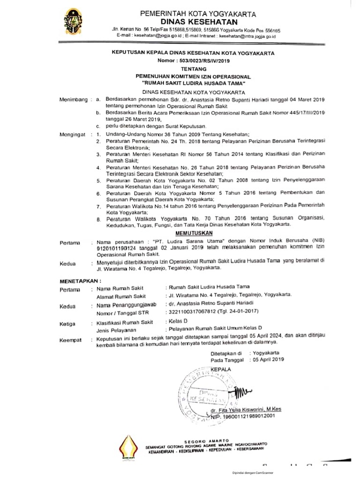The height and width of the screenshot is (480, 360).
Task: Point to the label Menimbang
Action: pos(74,100)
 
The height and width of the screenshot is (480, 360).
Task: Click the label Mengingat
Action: pos(74,134)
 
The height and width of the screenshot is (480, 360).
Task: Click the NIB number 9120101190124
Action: pos(120,247)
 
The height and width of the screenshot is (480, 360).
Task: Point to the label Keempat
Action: pos(71,340)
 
